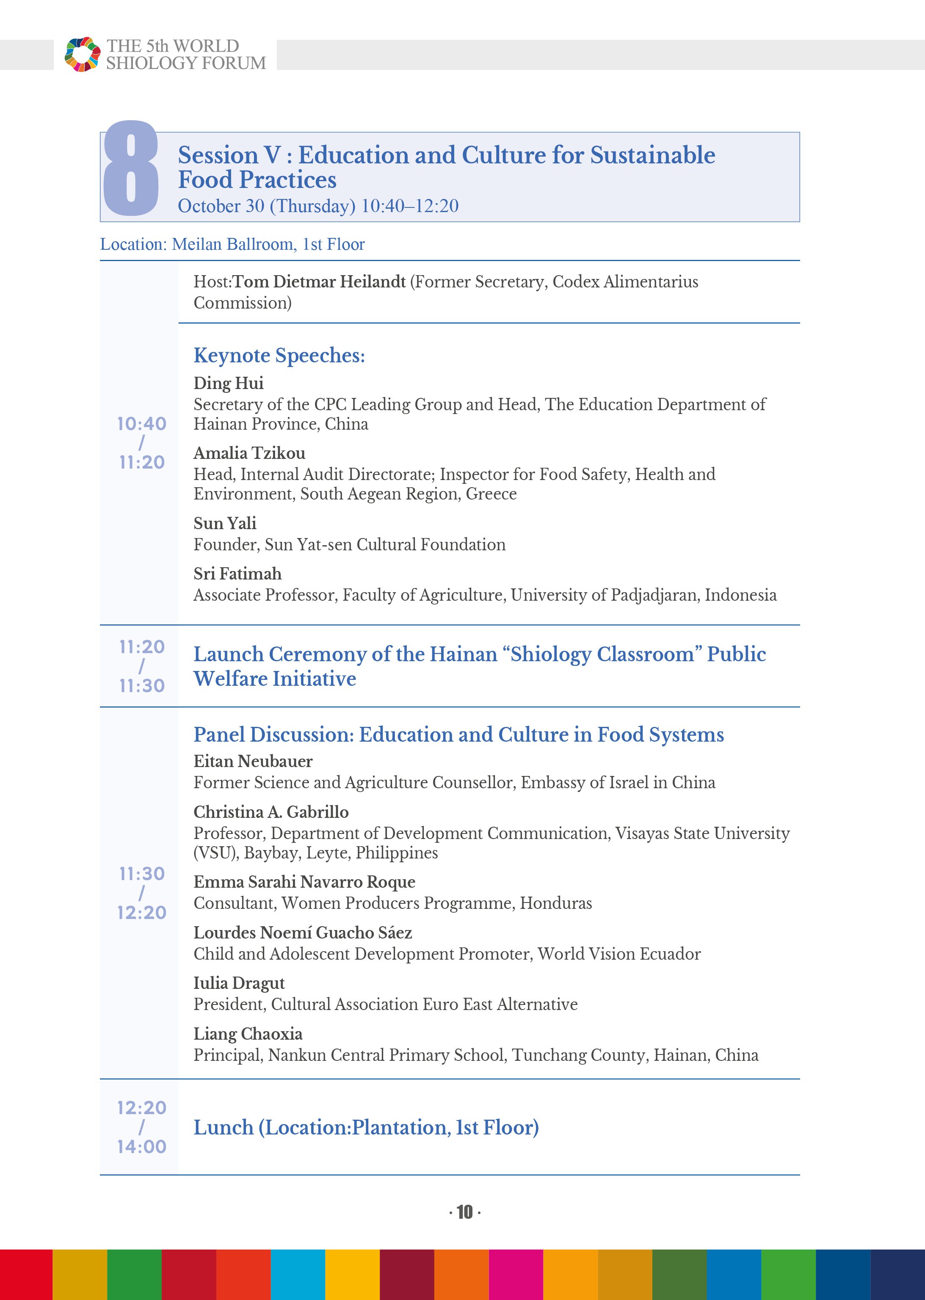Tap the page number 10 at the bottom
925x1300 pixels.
464,1212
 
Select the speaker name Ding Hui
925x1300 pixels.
229,383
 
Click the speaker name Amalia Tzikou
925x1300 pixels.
249,453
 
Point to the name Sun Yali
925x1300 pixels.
224,523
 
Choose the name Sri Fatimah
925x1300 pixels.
237,574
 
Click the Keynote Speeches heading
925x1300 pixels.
279,355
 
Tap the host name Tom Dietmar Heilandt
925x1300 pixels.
319,282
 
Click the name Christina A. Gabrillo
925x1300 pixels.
271,812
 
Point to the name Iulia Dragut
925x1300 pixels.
239,983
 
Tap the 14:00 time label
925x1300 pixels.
141,1146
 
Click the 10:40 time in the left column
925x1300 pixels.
141,424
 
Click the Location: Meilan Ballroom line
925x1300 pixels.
232,244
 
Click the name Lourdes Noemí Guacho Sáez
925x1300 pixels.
302,933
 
